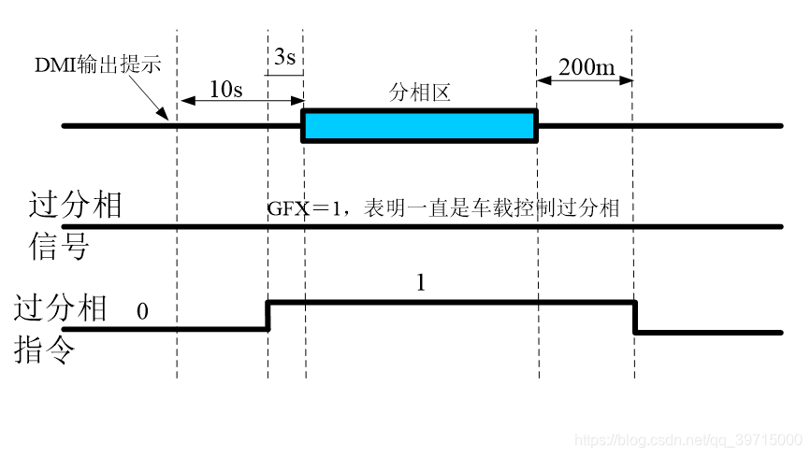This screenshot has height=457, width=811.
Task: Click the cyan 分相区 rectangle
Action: coord(419,126)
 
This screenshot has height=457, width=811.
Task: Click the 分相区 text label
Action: coord(420,93)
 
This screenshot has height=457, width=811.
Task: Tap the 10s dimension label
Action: coord(225,89)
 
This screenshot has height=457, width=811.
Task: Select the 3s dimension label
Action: coord(285,58)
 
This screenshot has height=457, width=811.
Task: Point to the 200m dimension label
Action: coord(586,66)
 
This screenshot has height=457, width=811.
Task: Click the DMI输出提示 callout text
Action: coord(98,65)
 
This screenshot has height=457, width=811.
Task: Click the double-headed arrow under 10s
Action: coord(240,100)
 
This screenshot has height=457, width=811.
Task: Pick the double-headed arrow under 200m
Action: coord(585,79)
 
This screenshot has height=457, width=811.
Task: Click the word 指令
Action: coord(46,351)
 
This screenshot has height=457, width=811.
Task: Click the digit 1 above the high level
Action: coord(420,283)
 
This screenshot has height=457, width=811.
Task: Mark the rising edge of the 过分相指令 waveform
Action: coord(268,315)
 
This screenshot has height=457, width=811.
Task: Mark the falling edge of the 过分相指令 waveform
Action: coord(635,316)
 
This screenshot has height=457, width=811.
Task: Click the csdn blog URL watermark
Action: coord(687,439)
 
